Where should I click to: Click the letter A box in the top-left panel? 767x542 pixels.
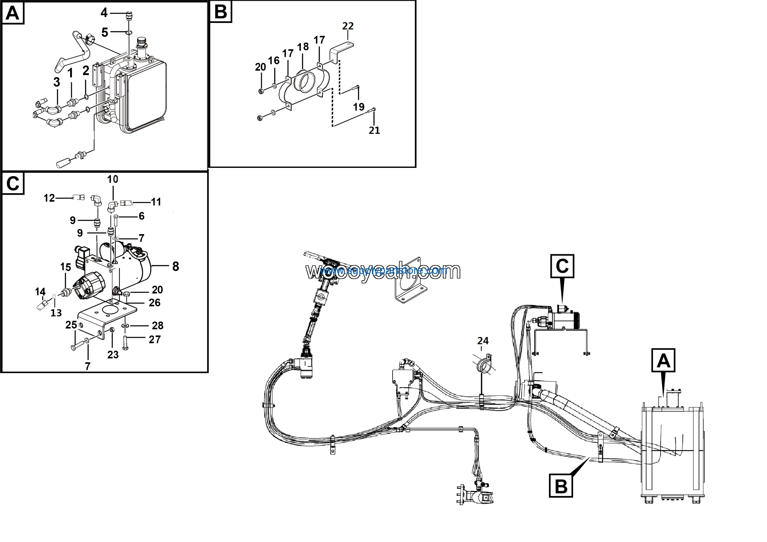pos(13,13)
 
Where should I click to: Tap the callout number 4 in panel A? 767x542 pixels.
pos(104,13)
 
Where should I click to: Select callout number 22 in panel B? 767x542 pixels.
pos(348,26)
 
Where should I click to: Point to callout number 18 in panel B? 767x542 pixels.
pos(303,47)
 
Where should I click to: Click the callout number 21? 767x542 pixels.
pos(374,130)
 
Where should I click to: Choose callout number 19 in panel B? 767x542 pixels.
pos(359,107)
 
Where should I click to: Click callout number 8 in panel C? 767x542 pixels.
pos(176,266)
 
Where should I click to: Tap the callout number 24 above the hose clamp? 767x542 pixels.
pos(483,341)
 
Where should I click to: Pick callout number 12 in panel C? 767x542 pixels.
pos(49,198)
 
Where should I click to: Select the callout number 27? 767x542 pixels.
pos(155,340)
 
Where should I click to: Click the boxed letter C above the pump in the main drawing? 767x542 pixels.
pos(562,266)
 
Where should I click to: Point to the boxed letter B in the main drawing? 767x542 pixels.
pos(561,487)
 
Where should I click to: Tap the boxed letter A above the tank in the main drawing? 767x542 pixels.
pos(663,361)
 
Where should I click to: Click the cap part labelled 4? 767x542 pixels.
pos(129,16)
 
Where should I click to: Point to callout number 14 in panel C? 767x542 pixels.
pos(40,292)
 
